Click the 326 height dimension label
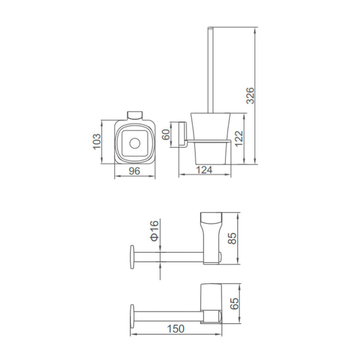pos(250,96)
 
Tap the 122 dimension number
pos(239,138)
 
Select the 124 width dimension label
pos(204,170)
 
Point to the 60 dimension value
pos(166,134)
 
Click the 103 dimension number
pos(97,142)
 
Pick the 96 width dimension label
pos(134,171)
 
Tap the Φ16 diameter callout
pos(154,230)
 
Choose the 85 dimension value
pos(232,238)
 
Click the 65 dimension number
pos(234,304)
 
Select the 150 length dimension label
pos(176,329)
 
